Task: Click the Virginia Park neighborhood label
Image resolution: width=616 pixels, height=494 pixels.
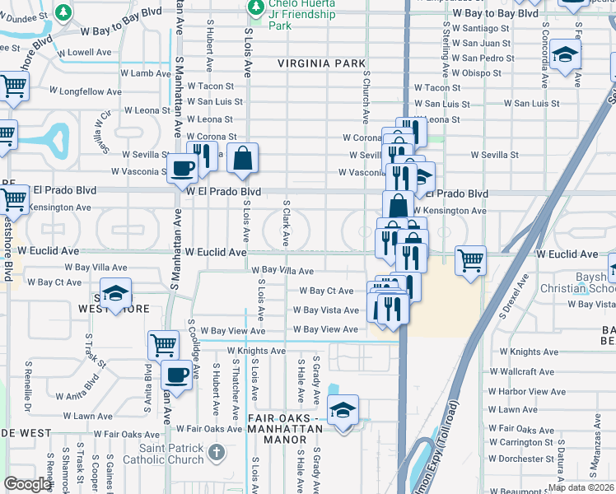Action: coord(321,63)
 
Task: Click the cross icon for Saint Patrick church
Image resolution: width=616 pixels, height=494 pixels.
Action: coord(216,452)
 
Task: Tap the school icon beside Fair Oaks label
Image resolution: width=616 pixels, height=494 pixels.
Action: coord(343,409)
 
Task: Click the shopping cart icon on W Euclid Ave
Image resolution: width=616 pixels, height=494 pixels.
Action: coord(470,261)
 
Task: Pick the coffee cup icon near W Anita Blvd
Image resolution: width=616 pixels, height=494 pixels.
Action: coord(176,375)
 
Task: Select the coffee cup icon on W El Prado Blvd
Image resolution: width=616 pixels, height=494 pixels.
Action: coord(183,169)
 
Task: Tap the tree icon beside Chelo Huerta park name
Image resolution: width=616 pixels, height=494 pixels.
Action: coord(257,7)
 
